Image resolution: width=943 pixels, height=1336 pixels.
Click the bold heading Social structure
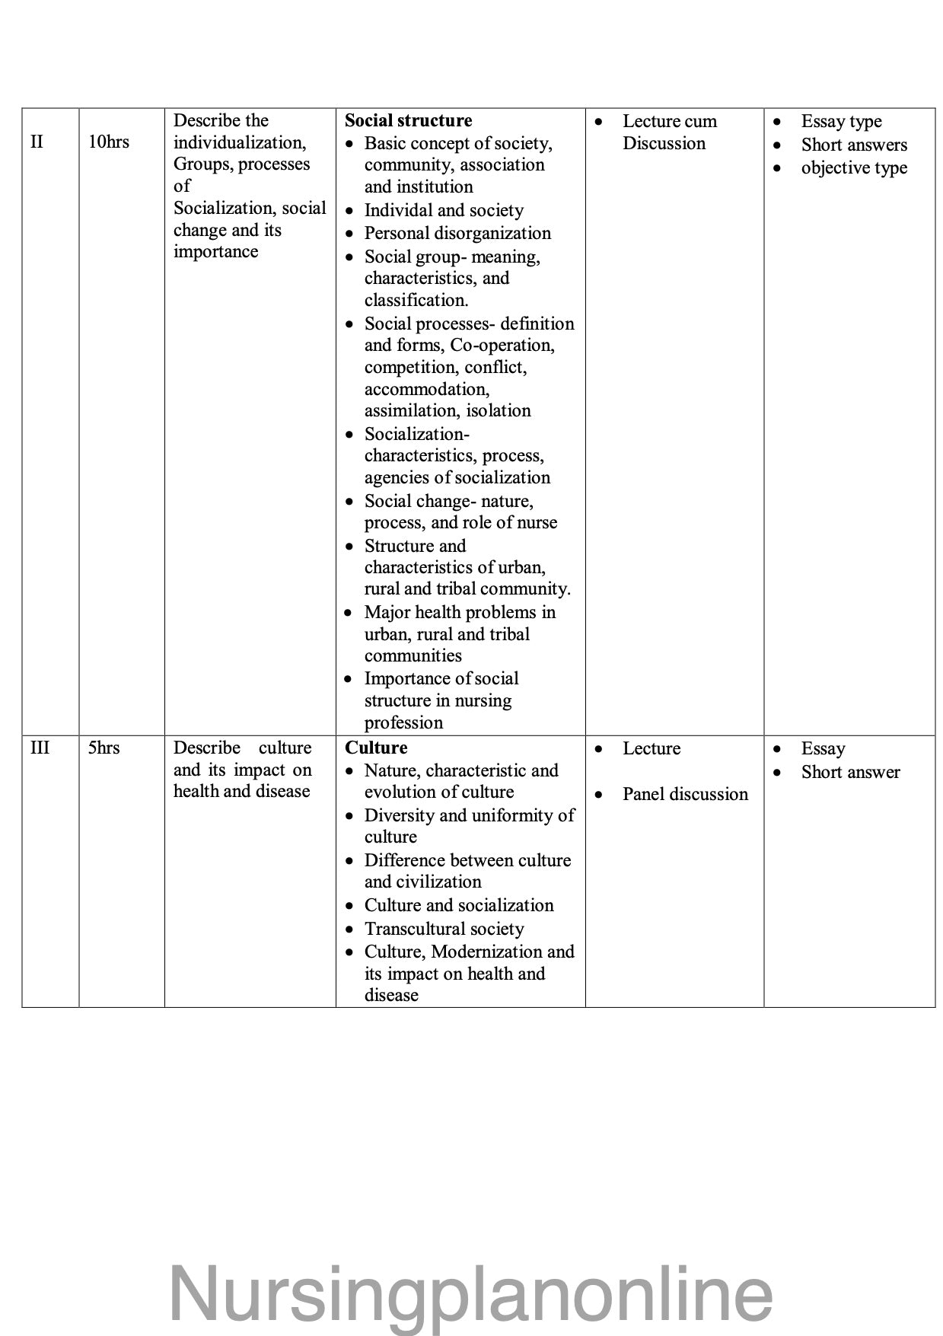tap(408, 120)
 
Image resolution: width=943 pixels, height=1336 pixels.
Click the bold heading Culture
tap(376, 748)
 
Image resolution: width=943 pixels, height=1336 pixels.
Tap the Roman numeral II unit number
tap(37, 142)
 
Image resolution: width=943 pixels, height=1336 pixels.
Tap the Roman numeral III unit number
tap(40, 748)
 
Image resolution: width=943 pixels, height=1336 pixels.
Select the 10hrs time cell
tap(108, 142)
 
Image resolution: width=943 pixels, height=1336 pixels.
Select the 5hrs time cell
tap(104, 748)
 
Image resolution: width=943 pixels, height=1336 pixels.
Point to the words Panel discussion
tap(685, 794)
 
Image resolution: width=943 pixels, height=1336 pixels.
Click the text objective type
tap(854, 167)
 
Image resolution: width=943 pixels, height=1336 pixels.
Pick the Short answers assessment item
tap(854, 145)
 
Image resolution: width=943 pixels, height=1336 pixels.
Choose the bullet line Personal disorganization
tap(457, 233)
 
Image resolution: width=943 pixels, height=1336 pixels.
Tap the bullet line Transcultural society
tap(444, 929)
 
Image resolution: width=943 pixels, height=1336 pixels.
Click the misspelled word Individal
tap(393, 210)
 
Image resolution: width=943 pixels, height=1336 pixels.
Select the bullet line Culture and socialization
tap(459, 905)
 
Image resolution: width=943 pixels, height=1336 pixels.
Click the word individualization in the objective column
tap(239, 142)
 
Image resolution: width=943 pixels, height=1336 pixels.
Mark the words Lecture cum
tap(670, 121)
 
